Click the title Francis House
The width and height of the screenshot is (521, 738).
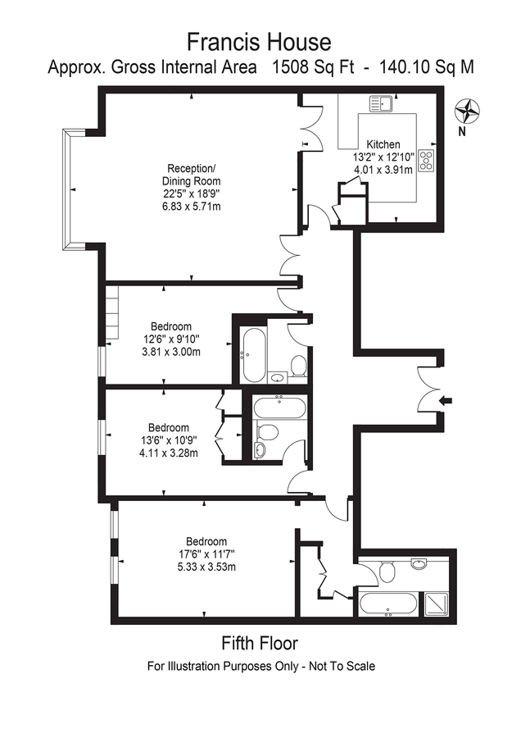pyautogui.click(x=259, y=42)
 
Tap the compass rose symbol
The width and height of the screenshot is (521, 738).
pyautogui.click(x=467, y=112)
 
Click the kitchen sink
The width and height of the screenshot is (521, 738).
pyautogui.click(x=381, y=103)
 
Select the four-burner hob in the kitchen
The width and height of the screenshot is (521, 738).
pyautogui.click(x=427, y=160)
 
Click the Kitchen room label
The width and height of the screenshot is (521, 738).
pyautogui.click(x=383, y=144)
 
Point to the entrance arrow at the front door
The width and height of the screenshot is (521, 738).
pyautogui.click(x=446, y=400)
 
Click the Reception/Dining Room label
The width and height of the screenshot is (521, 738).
pyautogui.click(x=192, y=175)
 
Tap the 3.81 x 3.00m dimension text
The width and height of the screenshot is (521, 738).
pyautogui.click(x=171, y=352)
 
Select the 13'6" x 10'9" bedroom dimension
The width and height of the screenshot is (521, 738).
pyautogui.click(x=169, y=440)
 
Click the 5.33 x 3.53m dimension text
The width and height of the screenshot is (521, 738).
pyautogui.click(x=206, y=567)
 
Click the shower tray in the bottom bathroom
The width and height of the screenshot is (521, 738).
pyautogui.click(x=437, y=604)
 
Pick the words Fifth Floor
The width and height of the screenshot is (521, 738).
pyautogui.click(x=260, y=643)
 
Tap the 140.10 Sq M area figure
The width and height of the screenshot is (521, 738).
pyautogui.click(x=426, y=67)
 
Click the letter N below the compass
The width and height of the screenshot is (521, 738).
pyautogui.click(x=462, y=132)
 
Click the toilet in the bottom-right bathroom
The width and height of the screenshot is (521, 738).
pyautogui.click(x=387, y=572)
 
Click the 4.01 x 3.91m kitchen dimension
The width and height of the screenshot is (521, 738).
pyautogui.click(x=383, y=170)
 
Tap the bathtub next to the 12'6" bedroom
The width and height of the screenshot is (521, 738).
pyautogui.click(x=254, y=356)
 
